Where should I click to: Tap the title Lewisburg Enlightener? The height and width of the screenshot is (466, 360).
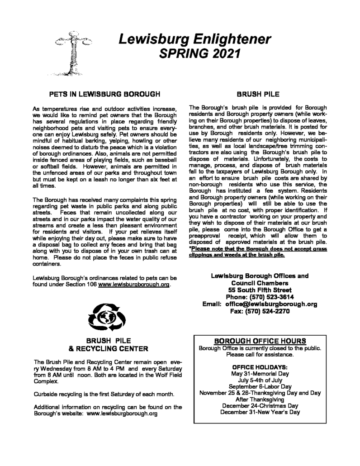coord(194,40)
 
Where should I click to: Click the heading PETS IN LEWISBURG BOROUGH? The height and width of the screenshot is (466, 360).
coord(104,95)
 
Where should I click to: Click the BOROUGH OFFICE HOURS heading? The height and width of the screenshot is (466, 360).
coord(260,341)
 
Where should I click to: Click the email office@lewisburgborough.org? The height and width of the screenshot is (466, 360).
coord(270,304)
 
